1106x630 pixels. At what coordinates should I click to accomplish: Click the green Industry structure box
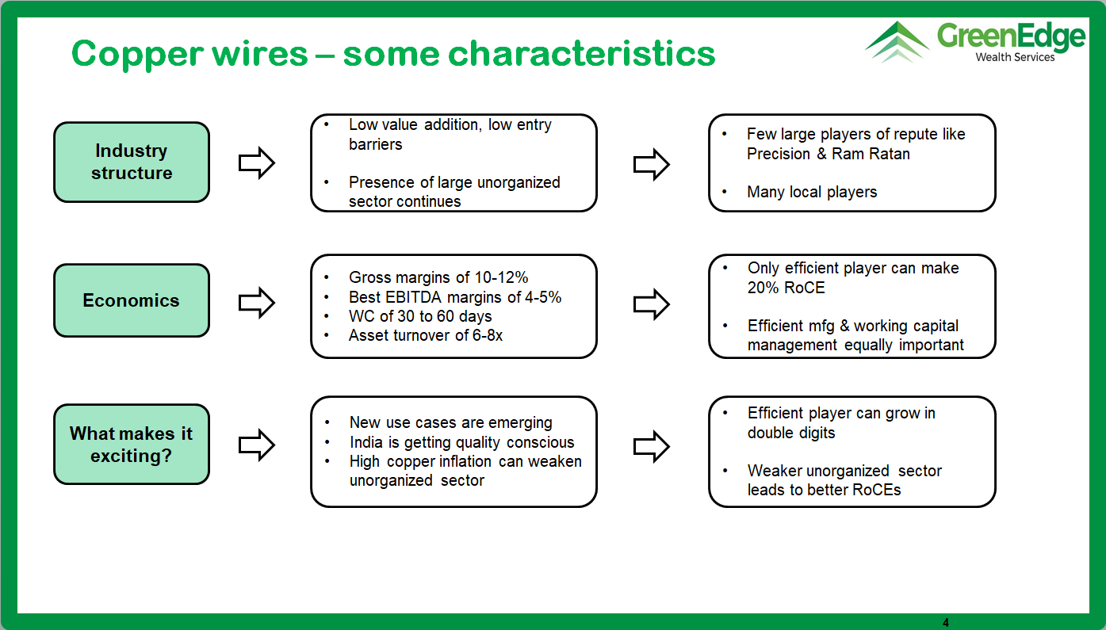132,162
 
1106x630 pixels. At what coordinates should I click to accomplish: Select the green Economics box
132,300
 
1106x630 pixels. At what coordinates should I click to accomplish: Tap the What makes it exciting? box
132,444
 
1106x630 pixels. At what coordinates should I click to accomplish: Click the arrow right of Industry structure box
256,162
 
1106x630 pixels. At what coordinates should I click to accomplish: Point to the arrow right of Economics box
256,303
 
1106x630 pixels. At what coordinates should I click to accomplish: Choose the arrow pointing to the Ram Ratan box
651,164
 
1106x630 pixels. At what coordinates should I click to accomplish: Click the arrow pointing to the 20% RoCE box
651,304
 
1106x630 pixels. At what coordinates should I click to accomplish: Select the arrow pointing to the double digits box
651,446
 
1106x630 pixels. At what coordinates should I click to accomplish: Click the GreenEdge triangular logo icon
897,42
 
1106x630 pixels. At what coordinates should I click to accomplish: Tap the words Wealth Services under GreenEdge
1015,57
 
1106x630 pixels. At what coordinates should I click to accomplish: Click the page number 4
946,623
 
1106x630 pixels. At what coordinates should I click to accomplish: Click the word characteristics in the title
581,53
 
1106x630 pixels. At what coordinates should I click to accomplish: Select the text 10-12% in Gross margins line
501,277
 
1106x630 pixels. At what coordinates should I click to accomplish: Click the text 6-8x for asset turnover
488,335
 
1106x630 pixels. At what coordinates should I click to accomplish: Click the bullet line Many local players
812,192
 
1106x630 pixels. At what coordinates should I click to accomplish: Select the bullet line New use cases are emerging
451,423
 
